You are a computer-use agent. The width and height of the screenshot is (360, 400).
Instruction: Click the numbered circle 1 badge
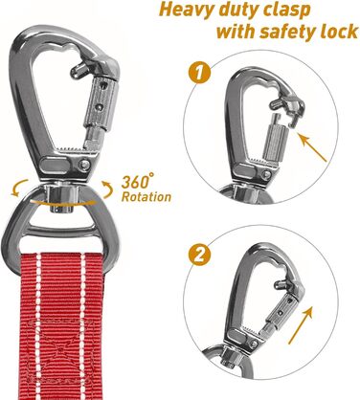pyautogui.click(x=198, y=73)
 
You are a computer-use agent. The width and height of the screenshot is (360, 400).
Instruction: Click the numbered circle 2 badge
pyautogui.click(x=199, y=255)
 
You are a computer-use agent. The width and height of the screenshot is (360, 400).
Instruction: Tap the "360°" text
pyautogui.click(x=137, y=181)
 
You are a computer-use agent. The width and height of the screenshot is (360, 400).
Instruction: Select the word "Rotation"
pyautogui.click(x=146, y=197)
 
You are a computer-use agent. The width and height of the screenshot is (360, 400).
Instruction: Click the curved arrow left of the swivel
pyautogui.click(x=19, y=188)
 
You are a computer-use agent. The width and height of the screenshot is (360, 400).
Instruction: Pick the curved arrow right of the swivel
pyautogui.click(x=107, y=190)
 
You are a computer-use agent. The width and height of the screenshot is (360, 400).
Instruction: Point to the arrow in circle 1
pyautogui.click(x=312, y=147)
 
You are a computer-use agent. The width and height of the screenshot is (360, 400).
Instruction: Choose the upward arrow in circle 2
pyautogui.click(x=301, y=324)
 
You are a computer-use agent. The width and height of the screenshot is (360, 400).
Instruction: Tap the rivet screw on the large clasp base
pyautogui.click(x=85, y=165)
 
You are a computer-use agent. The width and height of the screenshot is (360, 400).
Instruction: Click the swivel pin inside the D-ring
pyautogui.click(x=61, y=199)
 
